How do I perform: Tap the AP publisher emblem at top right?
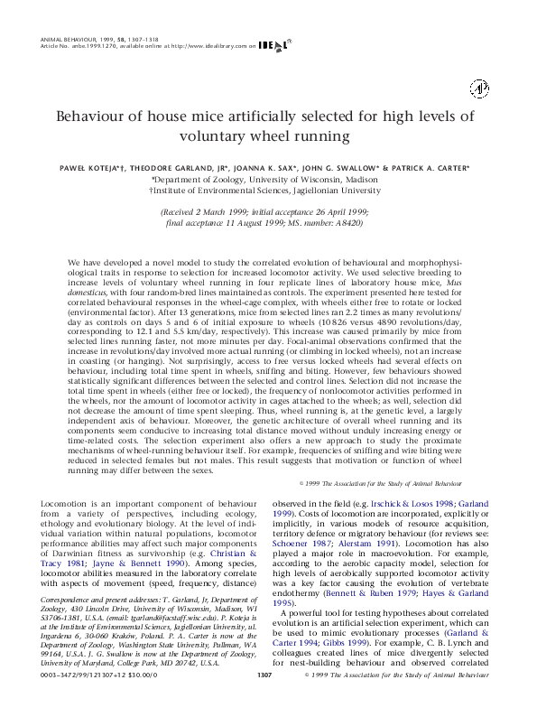pyautogui.click(x=479, y=88)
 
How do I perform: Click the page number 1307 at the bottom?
pyautogui.click(x=265, y=699)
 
